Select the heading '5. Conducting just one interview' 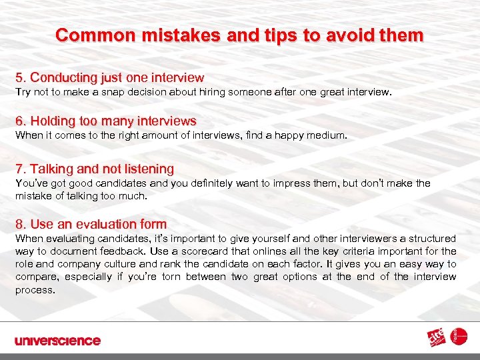pyautogui.click(x=109, y=78)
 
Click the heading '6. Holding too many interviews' pyautogui.click(x=105, y=121)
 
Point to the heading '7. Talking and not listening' pyautogui.click(x=95, y=169)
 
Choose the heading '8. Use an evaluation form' pyautogui.click(x=91, y=225)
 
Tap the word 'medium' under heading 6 pyautogui.click(x=326, y=135)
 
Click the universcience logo pyautogui.click(x=57, y=341)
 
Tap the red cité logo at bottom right pyautogui.click(x=437, y=339)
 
